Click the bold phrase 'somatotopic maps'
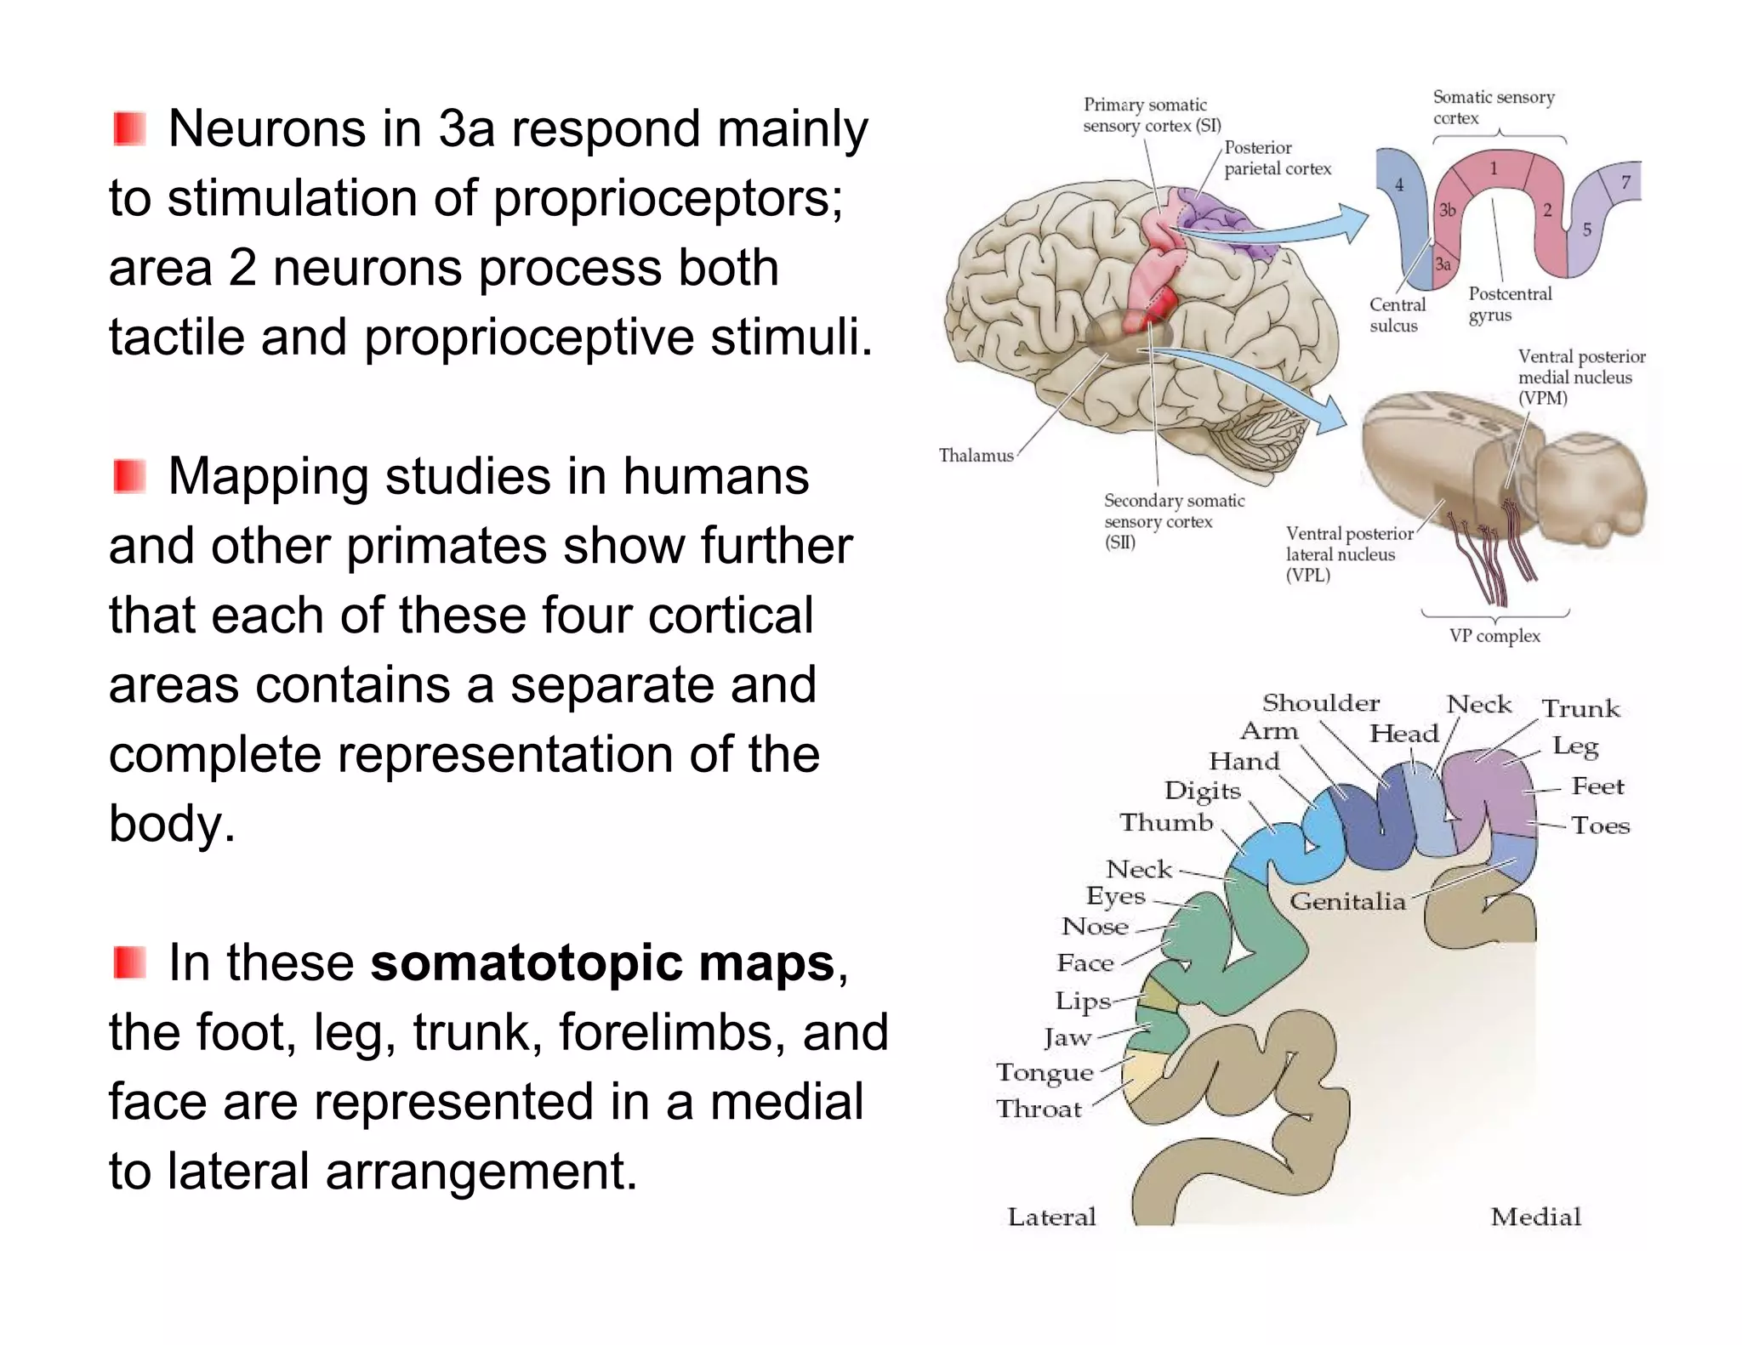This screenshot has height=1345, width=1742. click(x=602, y=963)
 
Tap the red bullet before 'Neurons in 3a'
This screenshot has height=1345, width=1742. click(x=129, y=128)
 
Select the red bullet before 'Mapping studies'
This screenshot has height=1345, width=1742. click(x=129, y=476)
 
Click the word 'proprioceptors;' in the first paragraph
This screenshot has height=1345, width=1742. click(x=668, y=198)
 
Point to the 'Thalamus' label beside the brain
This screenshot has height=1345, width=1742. click(x=976, y=456)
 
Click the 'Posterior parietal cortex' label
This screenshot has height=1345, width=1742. click(x=1277, y=158)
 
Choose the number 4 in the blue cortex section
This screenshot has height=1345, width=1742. click(x=1399, y=184)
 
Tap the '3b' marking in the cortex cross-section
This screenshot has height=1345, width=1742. click(x=1447, y=210)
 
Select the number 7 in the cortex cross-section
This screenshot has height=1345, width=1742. click(x=1625, y=182)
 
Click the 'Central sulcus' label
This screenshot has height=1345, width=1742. click(x=1397, y=315)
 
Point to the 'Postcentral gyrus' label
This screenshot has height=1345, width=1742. click(x=1510, y=304)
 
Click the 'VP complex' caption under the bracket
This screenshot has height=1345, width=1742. click(x=1494, y=636)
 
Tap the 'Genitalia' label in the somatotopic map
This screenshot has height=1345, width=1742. click(x=1347, y=901)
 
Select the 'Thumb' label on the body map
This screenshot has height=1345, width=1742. click(x=1166, y=822)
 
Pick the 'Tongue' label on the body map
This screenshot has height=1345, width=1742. click(x=1045, y=1073)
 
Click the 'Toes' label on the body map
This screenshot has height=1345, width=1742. click(x=1600, y=826)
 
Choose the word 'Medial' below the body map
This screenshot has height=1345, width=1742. click(x=1535, y=1217)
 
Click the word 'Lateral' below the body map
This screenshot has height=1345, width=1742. click(x=1051, y=1217)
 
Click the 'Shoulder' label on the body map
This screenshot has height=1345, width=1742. click(x=1320, y=703)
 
